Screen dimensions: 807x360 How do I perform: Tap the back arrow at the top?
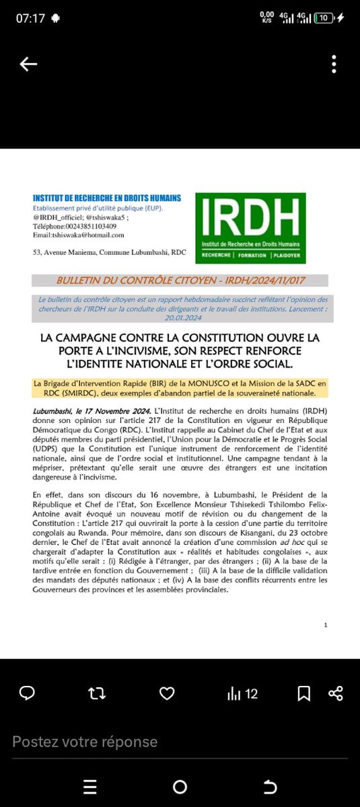(x=28, y=65)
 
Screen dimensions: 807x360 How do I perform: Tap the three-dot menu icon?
(x=333, y=65)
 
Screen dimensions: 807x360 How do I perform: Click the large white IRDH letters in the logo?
(x=250, y=215)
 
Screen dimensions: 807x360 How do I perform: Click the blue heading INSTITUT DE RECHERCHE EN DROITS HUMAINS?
(x=107, y=197)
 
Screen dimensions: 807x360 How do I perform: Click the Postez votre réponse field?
(x=85, y=742)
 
